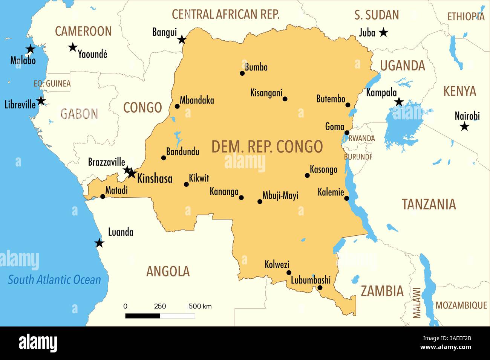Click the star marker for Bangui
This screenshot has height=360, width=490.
click(x=182, y=40)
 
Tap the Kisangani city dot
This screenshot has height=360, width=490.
click(x=285, y=99)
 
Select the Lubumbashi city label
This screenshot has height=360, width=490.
click(x=311, y=280)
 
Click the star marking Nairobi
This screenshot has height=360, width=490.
click(x=464, y=127)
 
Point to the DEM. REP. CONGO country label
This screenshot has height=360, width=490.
click(x=267, y=146)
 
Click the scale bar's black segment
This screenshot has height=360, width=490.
click(x=142, y=316)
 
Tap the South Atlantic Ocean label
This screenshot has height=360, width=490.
click(x=55, y=280)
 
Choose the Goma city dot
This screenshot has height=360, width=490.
click(x=347, y=133)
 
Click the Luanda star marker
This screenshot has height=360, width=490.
click(x=99, y=243)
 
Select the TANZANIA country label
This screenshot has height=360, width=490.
click(x=429, y=204)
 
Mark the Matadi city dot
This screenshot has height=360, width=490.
click(x=103, y=196)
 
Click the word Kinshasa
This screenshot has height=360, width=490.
click(x=155, y=178)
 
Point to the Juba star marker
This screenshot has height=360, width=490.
click(x=383, y=32)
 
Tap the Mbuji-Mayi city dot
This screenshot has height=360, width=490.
click(x=260, y=202)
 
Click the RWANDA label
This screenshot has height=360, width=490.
click(x=362, y=138)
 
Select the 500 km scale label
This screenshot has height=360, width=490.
click(x=200, y=306)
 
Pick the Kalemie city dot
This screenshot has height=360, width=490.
click(x=346, y=198)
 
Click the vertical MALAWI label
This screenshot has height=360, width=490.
click(x=416, y=303)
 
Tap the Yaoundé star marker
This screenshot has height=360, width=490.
click(x=73, y=47)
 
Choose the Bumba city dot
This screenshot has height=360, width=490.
click(x=242, y=73)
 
